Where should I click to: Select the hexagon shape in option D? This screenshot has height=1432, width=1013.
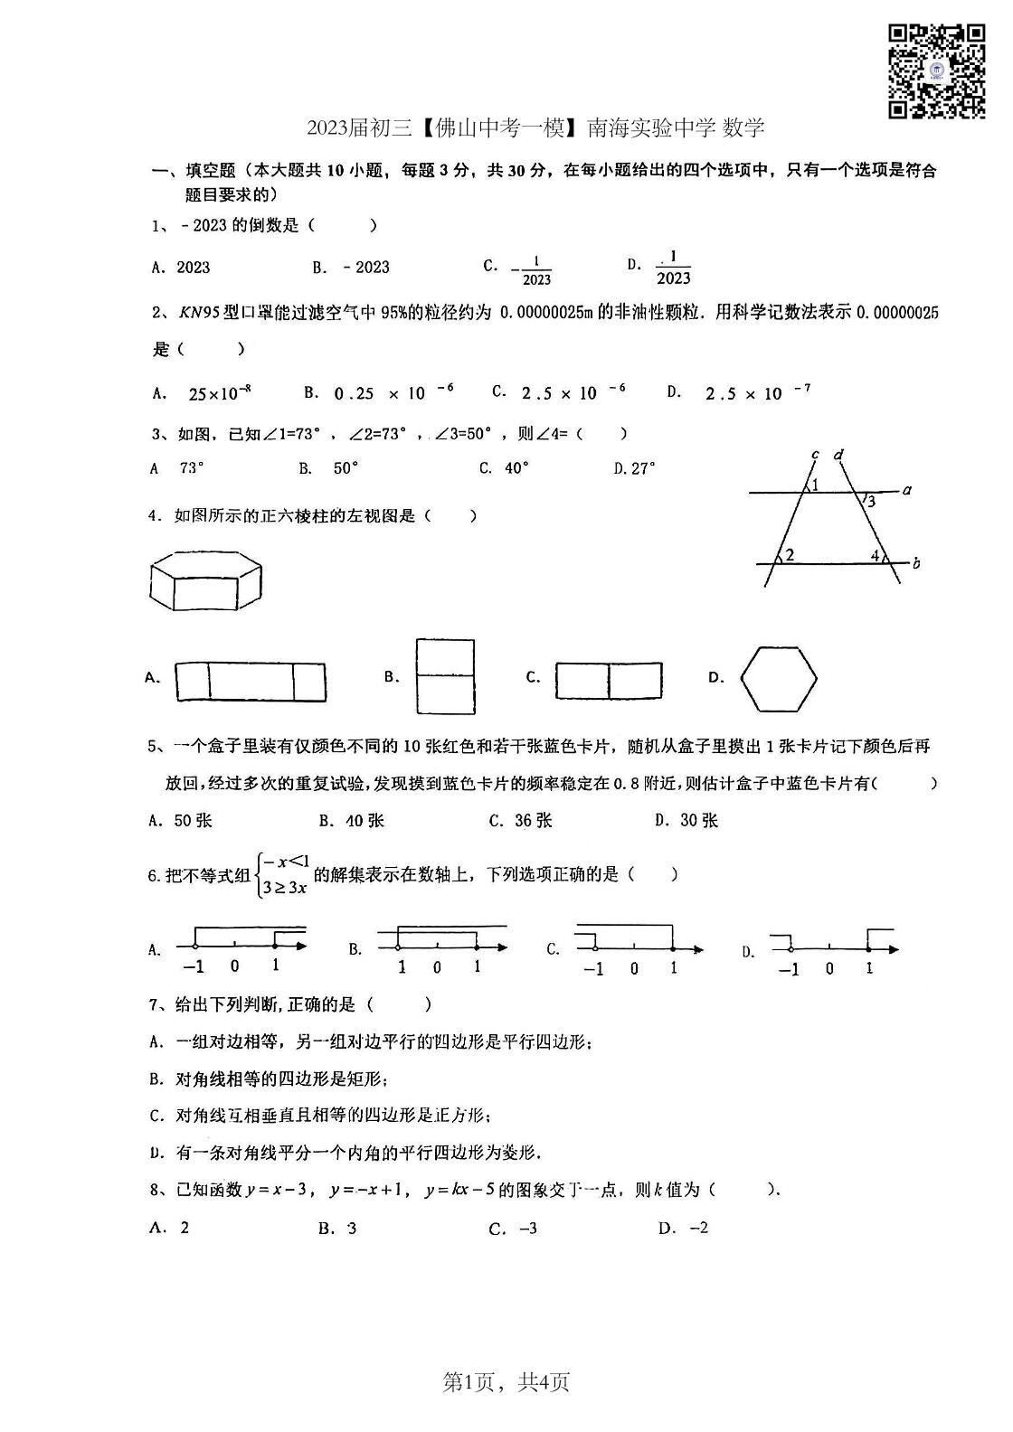(779, 678)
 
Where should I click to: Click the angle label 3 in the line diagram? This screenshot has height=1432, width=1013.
(870, 502)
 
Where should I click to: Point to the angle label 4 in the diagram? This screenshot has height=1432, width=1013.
(875, 555)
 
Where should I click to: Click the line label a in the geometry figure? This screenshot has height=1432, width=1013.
(906, 490)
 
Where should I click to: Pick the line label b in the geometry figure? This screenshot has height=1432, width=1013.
(915, 564)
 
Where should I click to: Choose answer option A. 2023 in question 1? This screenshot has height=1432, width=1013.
(181, 267)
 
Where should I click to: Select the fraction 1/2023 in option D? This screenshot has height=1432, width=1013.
(674, 268)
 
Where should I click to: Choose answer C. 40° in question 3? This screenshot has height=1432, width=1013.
(505, 468)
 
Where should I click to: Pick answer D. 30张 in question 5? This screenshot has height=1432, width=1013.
(686, 820)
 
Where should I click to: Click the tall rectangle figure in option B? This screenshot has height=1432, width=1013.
(445, 675)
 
